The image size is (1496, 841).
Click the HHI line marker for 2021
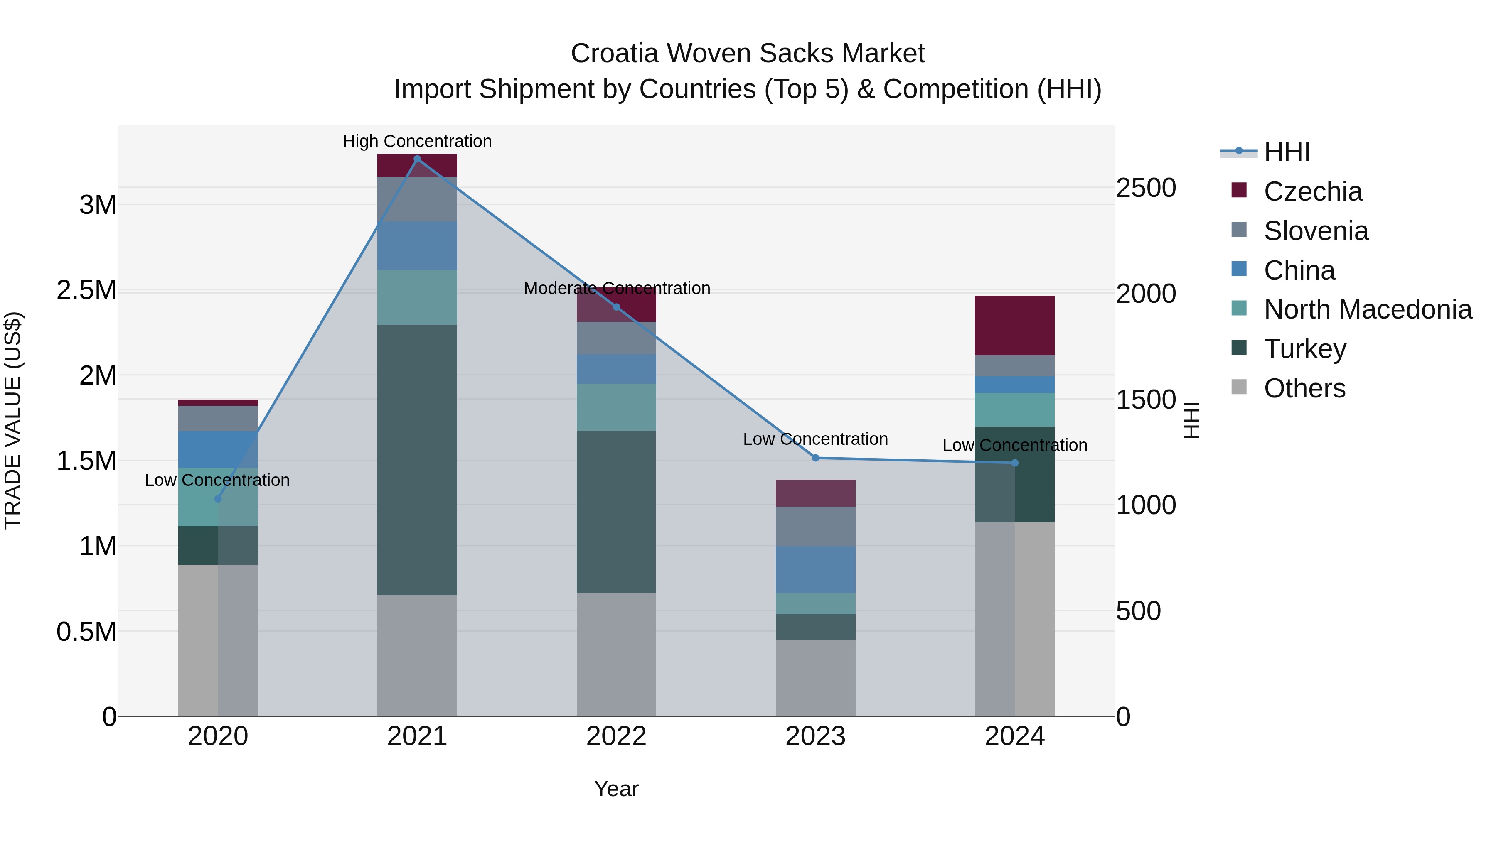[x=417, y=159]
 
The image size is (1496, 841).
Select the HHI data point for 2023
[x=815, y=458]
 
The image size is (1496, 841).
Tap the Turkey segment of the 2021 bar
[x=417, y=460]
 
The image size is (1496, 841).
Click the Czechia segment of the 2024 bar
[x=1014, y=325]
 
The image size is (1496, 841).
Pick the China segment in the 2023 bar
[x=815, y=569]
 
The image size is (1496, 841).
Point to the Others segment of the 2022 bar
[x=616, y=654]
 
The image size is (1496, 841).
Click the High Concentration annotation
[x=417, y=141]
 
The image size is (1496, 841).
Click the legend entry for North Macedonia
[x=1368, y=309]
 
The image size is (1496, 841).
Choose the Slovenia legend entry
[x=1316, y=231]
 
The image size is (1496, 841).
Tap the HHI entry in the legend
[x=1287, y=152]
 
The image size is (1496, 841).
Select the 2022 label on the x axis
[x=616, y=736]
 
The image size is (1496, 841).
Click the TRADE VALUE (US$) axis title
[x=13, y=420]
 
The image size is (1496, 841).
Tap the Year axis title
[x=616, y=789]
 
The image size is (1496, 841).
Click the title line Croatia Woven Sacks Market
[x=748, y=54]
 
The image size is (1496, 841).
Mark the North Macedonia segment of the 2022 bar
[x=616, y=407]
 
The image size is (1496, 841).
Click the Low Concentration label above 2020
[x=217, y=480]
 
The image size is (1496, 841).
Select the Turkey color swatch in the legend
[x=1239, y=348]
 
